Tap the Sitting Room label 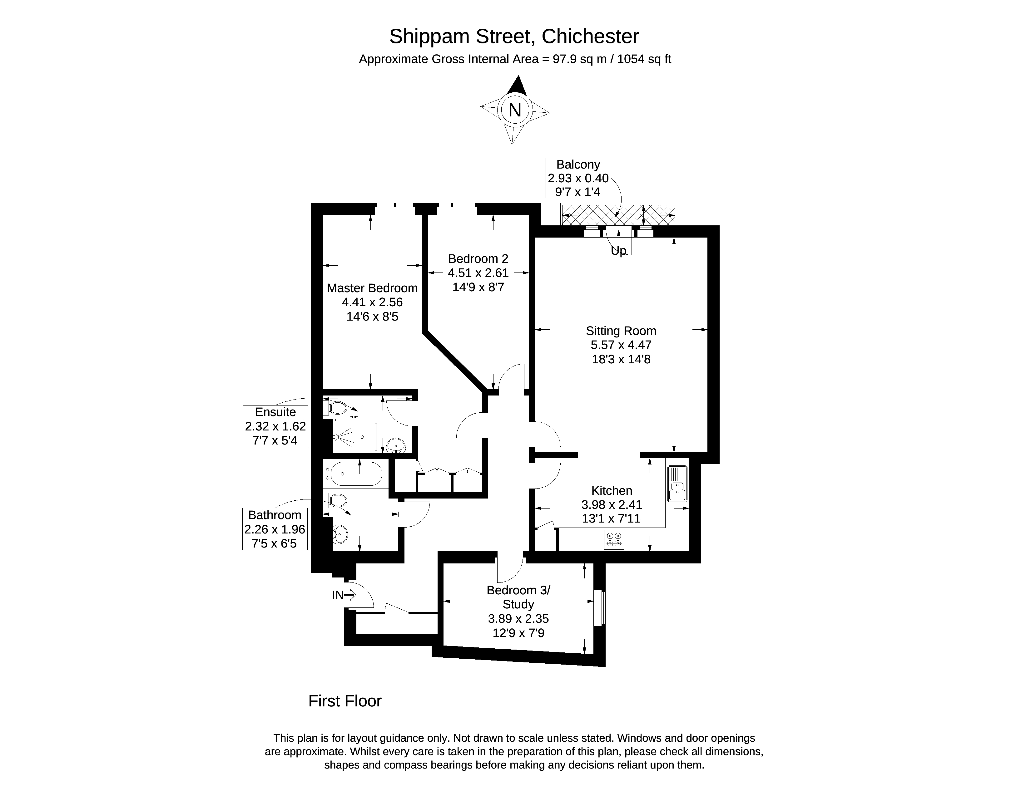tap(621, 331)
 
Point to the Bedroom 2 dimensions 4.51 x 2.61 tap(478, 273)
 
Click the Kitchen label tap(612, 490)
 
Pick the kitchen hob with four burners tap(614, 540)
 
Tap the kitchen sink tap(677, 483)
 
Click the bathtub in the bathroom tap(356, 474)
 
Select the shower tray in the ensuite tap(355, 436)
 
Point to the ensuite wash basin tap(396, 445)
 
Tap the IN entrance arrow tap(350, 596)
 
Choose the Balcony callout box tap(578, 178)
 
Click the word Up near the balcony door tap(618, 251)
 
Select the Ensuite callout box tap(275, 426)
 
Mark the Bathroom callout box tap(275, 529)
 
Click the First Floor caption tap(344, 701)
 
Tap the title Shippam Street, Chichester tap(514, 36)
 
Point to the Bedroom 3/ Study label tap(518, 597)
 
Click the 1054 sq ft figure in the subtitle tap(644, 59)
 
